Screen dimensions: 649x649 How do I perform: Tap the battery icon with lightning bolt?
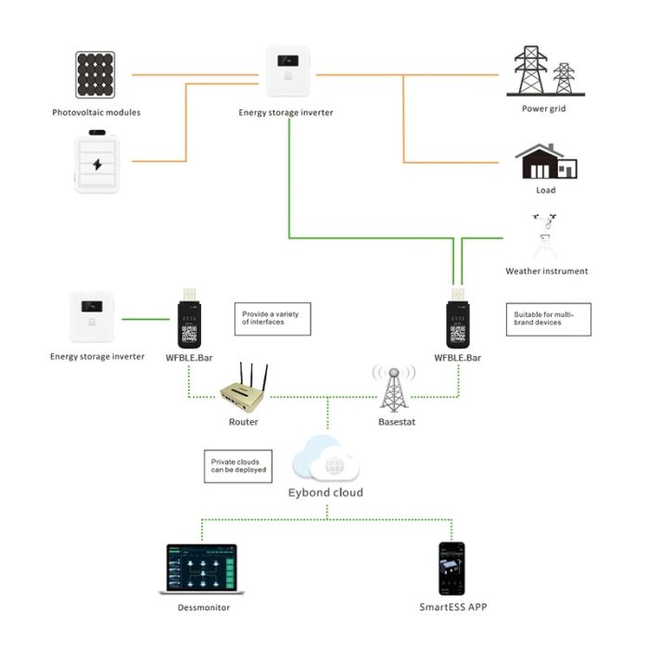click(x=97, y=163)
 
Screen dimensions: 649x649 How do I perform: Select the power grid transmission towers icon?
click(x=544, y=70)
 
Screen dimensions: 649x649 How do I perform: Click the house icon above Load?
click(x=546, y=161)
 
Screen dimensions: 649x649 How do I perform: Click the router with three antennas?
click(x=244, y=388)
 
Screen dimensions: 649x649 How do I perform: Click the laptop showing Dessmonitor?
click(x=198, y=569)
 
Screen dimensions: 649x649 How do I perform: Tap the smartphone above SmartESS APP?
click(x=452, y=567)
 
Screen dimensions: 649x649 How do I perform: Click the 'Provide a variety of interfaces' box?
click(x=272, y=319)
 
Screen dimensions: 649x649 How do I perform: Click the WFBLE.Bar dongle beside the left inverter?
click(x=191, y=319)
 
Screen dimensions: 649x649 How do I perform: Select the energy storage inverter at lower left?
click(x=97, y=317)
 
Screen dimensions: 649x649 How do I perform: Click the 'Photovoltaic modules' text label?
click(x=96, y=113)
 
